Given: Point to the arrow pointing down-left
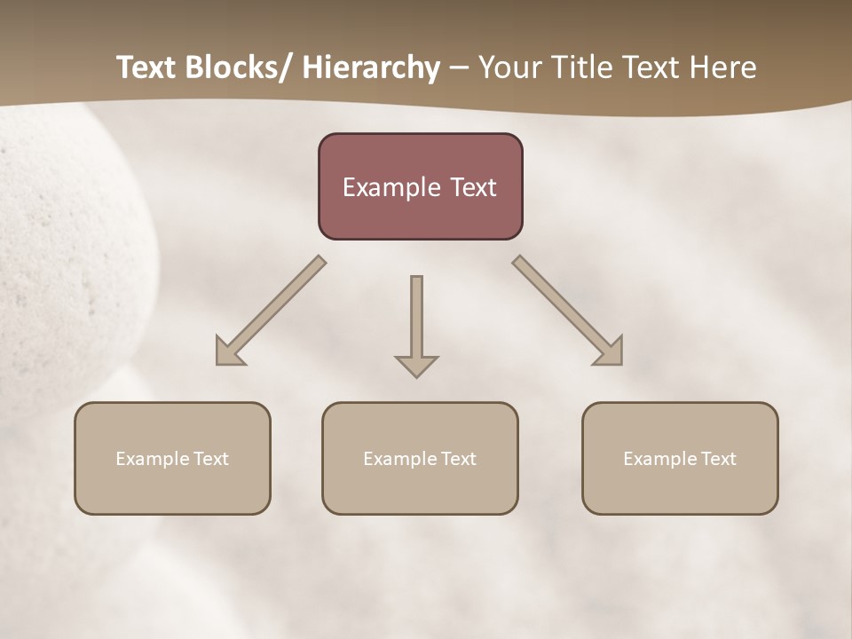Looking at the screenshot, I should (271, 311).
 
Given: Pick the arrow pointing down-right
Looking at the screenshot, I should (568, 311).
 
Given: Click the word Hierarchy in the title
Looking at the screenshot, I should (371, 67).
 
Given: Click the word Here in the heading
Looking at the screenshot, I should (724, 67).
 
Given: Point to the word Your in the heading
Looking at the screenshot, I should (509, 67).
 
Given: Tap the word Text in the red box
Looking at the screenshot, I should (473, 187).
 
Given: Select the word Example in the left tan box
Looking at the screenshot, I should (154, 459).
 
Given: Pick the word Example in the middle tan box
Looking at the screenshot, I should (401, 459).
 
